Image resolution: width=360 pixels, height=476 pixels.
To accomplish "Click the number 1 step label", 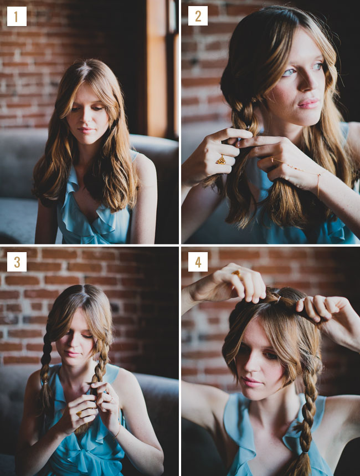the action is click(x=17, y=17).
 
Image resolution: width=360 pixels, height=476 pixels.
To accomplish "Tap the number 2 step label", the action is click(x=198, y=16).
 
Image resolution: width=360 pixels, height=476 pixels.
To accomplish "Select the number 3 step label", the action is click(x=17, y=262).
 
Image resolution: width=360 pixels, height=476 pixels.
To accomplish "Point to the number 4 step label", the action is click(x=198, y=262).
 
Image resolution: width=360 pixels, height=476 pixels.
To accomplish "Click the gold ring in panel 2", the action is click(x=222, y=160).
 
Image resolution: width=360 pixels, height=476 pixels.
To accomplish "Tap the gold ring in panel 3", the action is click(x=79, y=414).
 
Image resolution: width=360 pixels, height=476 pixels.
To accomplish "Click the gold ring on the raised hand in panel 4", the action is click(x=236, y=273).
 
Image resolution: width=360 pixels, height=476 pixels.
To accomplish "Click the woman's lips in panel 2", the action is click(x=308, y=104).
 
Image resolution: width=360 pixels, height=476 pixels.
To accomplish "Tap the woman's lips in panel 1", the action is click(x=85, y=130).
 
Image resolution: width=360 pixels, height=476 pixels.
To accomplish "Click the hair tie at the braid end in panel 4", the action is click(x=305, y=453).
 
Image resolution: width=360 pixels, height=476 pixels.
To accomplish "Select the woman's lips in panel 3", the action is click(x=71, y=354).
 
